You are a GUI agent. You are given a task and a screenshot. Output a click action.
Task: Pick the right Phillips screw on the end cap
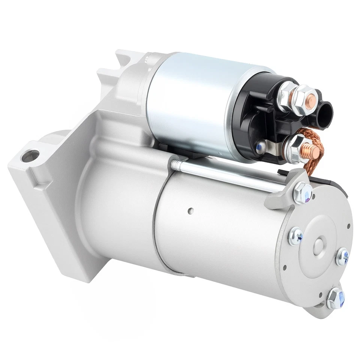[x=342, y=257]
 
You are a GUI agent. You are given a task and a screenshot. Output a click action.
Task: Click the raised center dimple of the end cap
[x=319, y=246]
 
